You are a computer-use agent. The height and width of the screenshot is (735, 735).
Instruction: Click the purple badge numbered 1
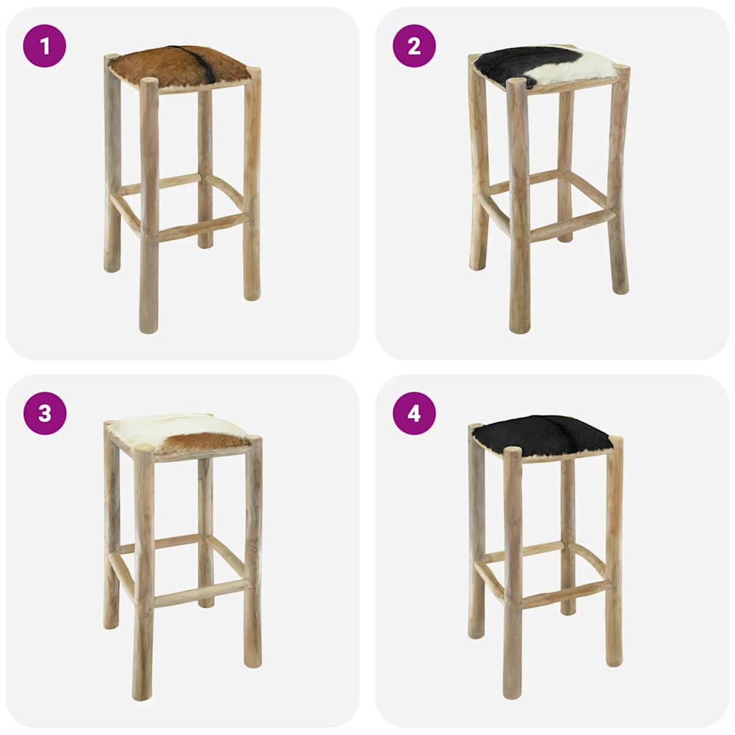pos(45,46)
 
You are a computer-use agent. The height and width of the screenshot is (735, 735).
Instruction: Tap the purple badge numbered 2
pos(414,46)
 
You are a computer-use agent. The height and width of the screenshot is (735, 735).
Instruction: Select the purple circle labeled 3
pos(45,413)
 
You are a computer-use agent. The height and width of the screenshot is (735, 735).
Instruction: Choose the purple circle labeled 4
pos(414,413)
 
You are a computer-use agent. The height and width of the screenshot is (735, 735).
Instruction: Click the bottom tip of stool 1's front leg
pos(149,328)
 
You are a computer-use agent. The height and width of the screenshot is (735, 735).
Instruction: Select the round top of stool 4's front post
pos(512,452)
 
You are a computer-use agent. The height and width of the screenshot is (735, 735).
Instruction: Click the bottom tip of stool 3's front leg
pos(142,696)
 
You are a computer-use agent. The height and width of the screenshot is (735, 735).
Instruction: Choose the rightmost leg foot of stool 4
pos(614,662)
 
